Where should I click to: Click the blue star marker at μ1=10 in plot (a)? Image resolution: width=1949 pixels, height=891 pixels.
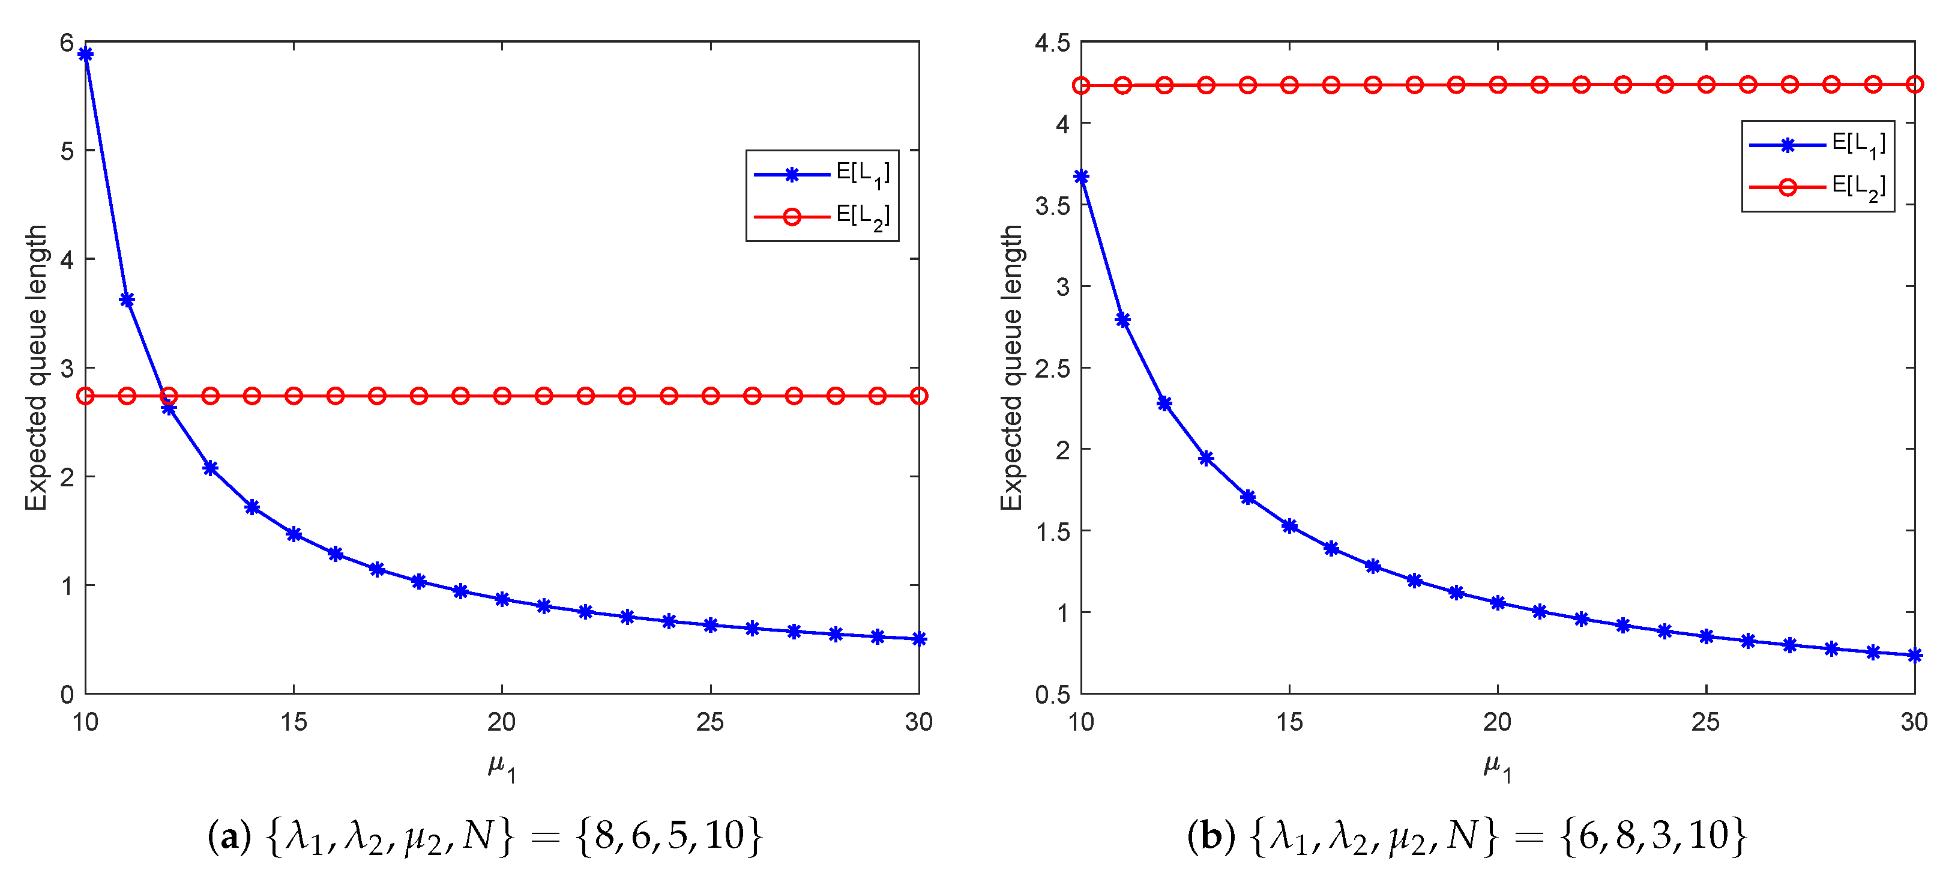[85, 54]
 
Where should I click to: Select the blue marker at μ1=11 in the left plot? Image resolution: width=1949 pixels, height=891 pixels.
[127, 300]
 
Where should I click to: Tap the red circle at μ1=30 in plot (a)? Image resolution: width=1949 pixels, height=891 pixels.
[918, 396]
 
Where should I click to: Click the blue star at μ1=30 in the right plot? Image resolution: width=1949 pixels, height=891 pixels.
[1914, 656]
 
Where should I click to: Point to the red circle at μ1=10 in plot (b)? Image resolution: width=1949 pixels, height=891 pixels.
[1081, 85]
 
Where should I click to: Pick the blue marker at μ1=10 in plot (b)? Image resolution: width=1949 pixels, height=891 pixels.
[1081, 177]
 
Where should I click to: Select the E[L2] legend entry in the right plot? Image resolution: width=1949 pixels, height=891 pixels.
[1818, 187]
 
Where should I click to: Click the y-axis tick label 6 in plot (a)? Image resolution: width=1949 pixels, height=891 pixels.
[67, 43]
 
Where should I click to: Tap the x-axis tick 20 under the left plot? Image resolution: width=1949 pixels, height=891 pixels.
[502, 722]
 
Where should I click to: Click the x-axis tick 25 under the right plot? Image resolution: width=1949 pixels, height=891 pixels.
[1705, 722]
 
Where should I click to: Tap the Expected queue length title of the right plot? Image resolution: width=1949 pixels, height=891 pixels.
[1011, 368]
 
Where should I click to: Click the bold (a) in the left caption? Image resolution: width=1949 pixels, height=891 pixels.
[229, 836]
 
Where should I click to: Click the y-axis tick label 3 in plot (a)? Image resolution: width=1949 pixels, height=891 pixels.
[67, 369]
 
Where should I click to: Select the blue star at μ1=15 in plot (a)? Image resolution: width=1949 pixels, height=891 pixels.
[294, 534]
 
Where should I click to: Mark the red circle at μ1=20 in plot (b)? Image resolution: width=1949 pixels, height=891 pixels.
[1497, 85]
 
